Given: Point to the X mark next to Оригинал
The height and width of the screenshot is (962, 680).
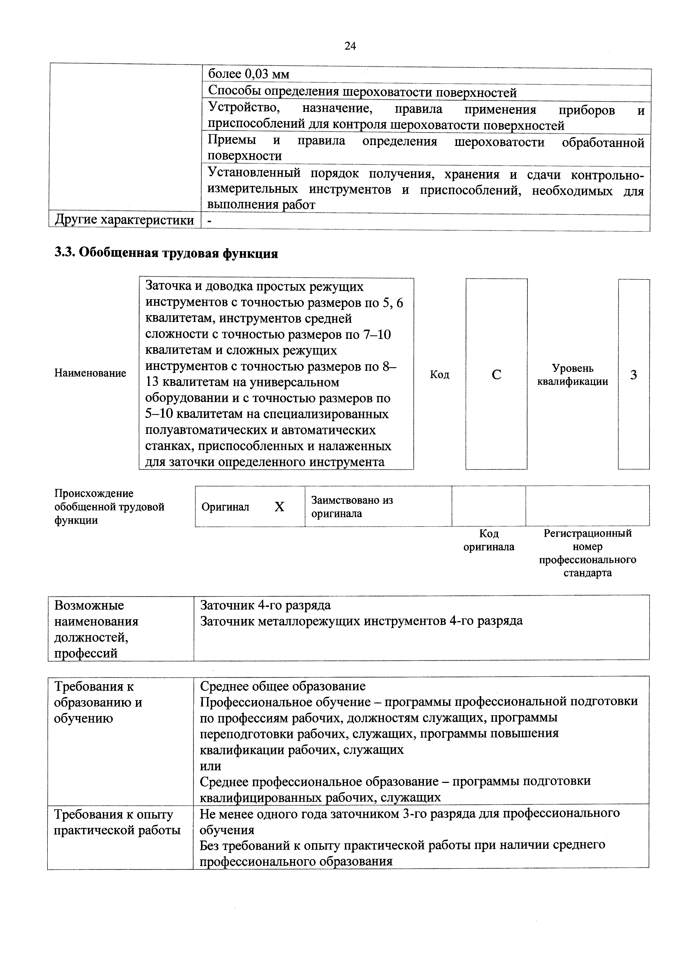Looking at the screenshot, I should [279, 507].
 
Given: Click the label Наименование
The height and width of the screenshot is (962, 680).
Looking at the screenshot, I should [90, 373].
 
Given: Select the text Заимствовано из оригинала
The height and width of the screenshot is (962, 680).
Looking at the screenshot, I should [352, 507].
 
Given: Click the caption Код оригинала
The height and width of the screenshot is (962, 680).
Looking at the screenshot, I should [489, 540].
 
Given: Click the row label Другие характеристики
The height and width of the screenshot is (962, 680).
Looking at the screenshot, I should [124, 220].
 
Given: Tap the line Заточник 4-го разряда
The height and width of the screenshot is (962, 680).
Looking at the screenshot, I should [265, 605].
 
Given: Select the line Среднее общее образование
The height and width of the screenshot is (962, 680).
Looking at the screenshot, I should [283, 686].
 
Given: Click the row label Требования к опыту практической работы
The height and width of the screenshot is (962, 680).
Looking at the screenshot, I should [117, 822].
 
